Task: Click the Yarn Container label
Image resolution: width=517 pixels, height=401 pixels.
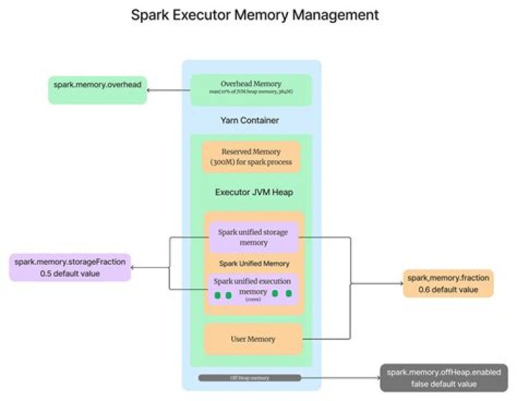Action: [251, 120]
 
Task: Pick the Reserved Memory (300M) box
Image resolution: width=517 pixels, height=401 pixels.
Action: [251, 156]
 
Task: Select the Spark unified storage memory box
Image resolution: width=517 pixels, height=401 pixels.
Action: [253, 237]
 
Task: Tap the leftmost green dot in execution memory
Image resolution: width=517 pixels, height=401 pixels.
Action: [216, 294]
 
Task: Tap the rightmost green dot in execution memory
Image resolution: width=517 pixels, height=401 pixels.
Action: [289, 293]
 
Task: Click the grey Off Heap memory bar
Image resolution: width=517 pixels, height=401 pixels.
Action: [251, 377]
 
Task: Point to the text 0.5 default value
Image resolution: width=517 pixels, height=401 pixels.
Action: [69, 273]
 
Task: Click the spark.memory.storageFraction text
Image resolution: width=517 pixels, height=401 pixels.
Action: [69, 262]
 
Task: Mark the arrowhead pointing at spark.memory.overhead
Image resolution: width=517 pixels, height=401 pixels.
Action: [150, 90]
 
